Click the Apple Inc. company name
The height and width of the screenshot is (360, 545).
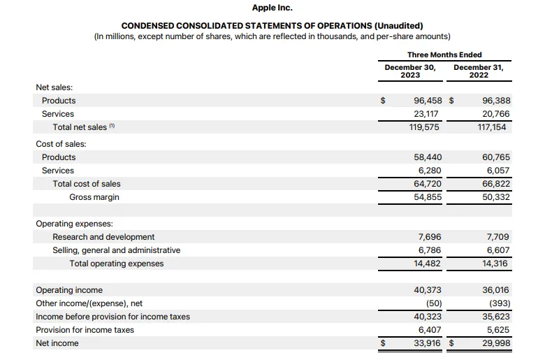coord(272,8)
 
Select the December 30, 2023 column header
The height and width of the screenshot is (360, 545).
coord(410,71)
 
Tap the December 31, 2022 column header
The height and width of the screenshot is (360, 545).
coord(479,71)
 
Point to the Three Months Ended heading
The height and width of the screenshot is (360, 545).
coord(444,55)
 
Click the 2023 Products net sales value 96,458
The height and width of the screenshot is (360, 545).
coord(428,100)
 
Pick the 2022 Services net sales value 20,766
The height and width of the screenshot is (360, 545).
coord(496,113)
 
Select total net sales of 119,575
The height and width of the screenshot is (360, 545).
coord(428,127)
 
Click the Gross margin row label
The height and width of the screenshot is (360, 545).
coord(94,197)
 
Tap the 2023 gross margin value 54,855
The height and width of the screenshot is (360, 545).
coord(428,197)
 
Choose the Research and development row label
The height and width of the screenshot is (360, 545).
coord(103,237)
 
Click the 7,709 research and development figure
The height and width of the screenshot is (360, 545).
coord(497,237)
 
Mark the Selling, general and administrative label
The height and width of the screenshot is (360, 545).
coord(116,250)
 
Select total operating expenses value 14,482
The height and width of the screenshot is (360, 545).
coord(428,264)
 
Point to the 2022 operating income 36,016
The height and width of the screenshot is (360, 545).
coord(496,290)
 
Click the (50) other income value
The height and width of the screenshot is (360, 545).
coord(433,303)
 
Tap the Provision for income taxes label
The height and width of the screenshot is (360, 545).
coord(85,330)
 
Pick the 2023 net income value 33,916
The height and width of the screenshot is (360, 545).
coord(428,343)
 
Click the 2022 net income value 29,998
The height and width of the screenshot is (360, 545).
coord(496,343)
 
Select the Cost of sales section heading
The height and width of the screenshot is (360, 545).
coord(60,144)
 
